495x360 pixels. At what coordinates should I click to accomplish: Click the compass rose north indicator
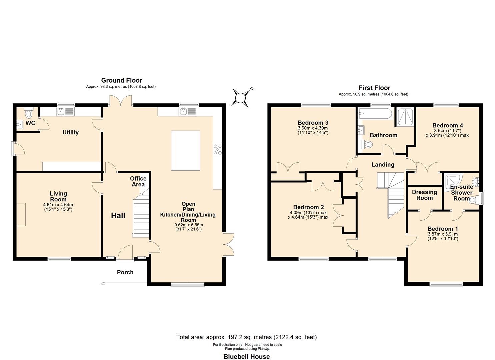pyautogui.click(x=241, y=97)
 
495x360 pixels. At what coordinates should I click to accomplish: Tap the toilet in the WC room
pyautogui.click(x=29, y=113)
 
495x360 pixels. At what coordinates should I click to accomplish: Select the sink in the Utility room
pyautogui.click(x=61, y=111)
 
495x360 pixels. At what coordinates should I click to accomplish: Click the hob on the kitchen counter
pyautogui.click(x=217, y=149)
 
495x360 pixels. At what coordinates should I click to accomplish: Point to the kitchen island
pyautogui.click(x=186, y=151)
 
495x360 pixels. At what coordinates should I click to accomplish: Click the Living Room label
pyautogui.click(x=58, y=196)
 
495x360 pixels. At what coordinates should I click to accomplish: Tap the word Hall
pyautogui.click(x=118, y=216)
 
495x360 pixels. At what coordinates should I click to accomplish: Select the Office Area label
pyautogui.click(x=138, y=181)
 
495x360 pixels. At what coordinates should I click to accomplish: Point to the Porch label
pyautogui.click(x=125, y=272)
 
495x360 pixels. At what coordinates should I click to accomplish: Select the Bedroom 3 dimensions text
pyautogui.click(x=312, y=130)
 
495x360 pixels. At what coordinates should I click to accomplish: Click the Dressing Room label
pyautogui.click(x=424, y=195)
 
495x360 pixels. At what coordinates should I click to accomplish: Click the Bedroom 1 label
pyautogui.click(x=443, y=229)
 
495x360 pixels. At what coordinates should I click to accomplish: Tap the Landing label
pyautogui.click(x=383, y=164)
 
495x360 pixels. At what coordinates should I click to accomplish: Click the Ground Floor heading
pyautogui.click(x=121, y=80)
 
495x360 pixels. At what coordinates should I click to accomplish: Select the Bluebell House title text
pyautogui.click(x=246, y=357)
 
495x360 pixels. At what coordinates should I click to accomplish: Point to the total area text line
pyautogui.click(x=246, y=337)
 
